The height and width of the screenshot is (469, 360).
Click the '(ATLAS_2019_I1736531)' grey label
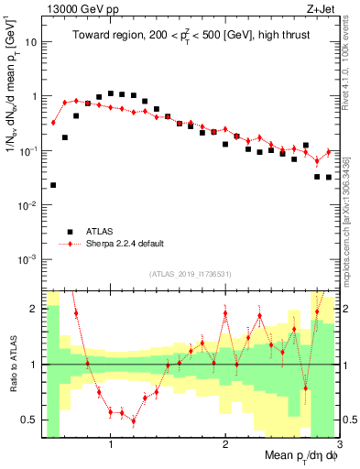tap(191, 273)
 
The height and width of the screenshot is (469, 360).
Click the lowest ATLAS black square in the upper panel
tap(53, 185)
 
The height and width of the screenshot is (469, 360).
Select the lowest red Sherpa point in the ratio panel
tap(134, 421)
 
